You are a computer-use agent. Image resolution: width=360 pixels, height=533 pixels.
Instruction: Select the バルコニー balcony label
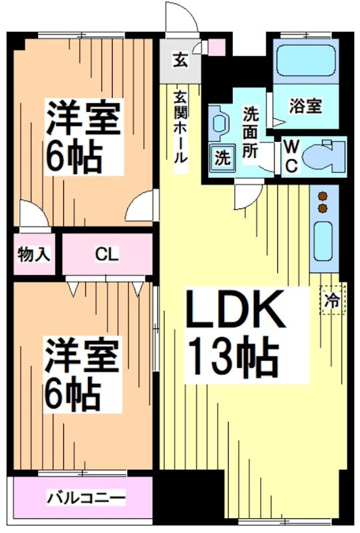tap(86, 498)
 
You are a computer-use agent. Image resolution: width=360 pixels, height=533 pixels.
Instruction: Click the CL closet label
tap(107, 254)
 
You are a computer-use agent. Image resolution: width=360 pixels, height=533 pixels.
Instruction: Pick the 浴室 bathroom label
tap(306, 105)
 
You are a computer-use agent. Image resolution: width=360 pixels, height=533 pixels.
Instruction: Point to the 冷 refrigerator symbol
tap(331, 301)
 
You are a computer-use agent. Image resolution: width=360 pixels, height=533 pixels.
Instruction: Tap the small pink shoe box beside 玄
tap(217, 47)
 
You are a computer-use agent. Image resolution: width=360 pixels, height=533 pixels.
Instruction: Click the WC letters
tap(291, 157)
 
